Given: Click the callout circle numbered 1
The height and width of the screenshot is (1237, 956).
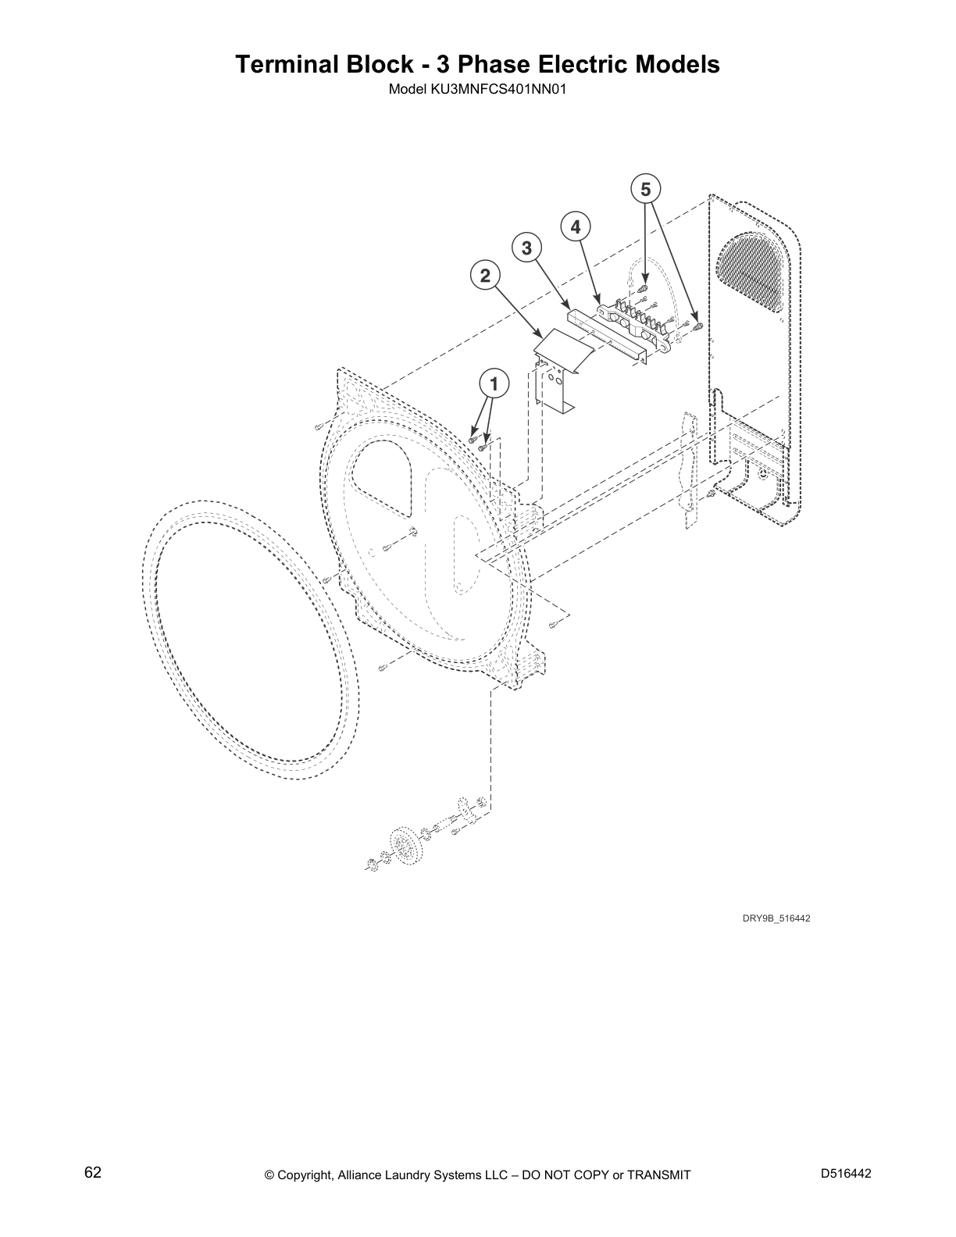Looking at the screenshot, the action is [494, 384].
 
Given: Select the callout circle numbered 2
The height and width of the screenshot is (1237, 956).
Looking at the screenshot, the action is [485, 276].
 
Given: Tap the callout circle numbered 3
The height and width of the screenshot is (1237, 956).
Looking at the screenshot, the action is [526, 248].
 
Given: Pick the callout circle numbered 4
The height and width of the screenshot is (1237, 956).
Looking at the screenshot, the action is [576, 227].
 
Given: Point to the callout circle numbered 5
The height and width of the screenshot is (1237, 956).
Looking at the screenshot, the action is [645, 189].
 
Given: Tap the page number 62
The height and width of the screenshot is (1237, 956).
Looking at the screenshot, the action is [93, 1172].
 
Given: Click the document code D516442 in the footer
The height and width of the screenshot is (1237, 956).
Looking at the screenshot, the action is [846, 1173].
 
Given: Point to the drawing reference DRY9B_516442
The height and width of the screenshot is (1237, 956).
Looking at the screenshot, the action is [776, 918].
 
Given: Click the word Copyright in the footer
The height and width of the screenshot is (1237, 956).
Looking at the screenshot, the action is [305, 1175].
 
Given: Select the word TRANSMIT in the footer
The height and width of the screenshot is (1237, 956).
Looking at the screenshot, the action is [658, 1175].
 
